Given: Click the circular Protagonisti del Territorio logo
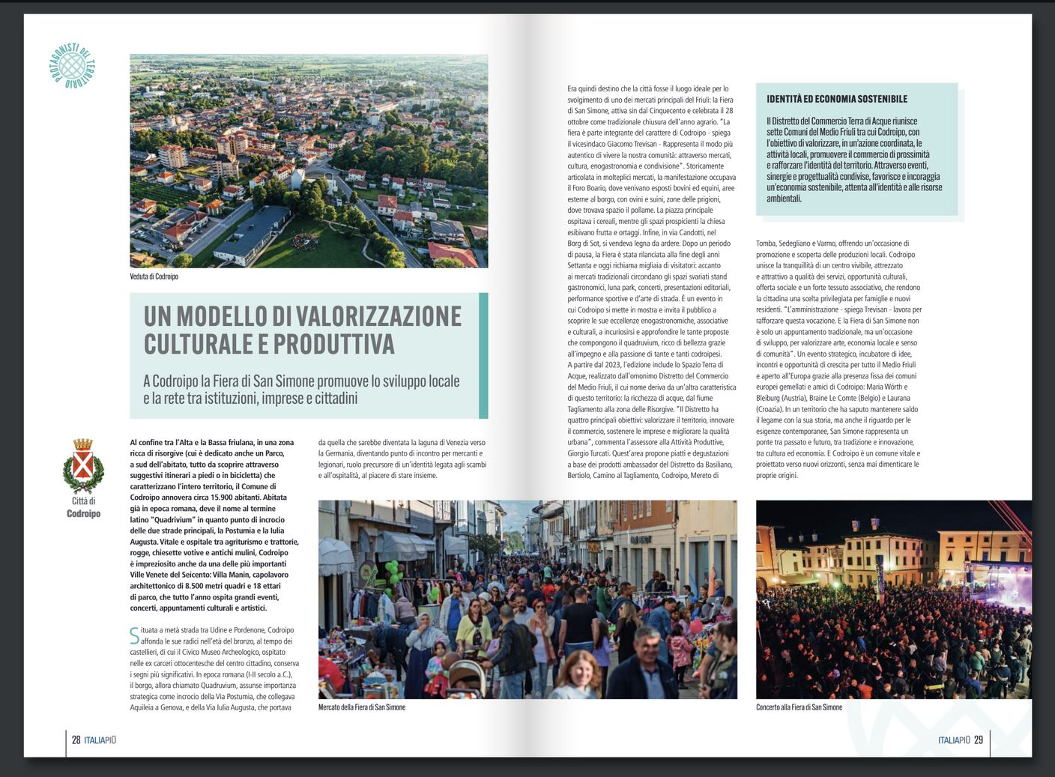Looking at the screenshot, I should (x=74, y=65).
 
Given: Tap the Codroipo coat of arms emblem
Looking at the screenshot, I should (x=82, y=465).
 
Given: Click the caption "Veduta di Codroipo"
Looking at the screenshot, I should (x=154, y=276).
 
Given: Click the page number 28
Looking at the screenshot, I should (x=76, y=740).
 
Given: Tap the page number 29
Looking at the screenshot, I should (x=978, y=740).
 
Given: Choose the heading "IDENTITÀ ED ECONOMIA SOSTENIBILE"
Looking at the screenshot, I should (x=836, y=99).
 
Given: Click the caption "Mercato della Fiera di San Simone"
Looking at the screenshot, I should (x=361, y=707).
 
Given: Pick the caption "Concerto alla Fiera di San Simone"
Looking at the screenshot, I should (x=799, y=707).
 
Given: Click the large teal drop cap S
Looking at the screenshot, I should (x=135, y=635).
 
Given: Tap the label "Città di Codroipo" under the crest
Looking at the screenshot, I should (x=83, y=507).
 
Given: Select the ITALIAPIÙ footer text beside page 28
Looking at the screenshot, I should (x=100, y=740).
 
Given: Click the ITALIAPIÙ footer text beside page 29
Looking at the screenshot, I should (x=954, y=740).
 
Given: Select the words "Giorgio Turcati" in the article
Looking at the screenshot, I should (x=591, y=453).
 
